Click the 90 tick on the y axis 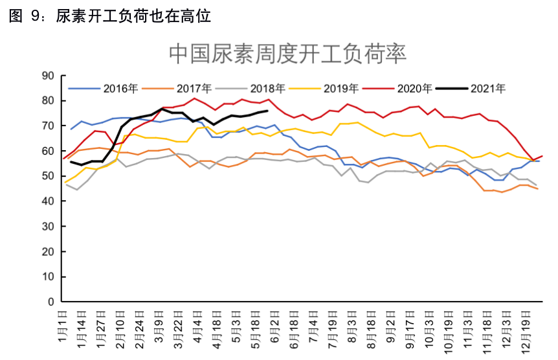click(47, 76)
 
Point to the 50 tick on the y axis click(47, 176)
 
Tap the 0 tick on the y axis click(49, 302)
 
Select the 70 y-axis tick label click(47, 126)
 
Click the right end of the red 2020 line click(542, 156)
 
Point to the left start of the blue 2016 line click(71, 129)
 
